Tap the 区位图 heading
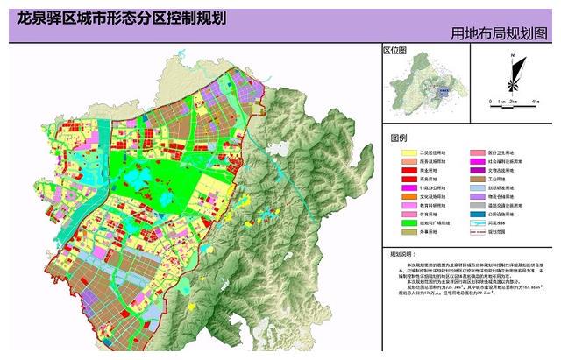tap(396, 51)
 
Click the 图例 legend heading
tap(400, 138)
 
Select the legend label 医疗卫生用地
tap(508, 152)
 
